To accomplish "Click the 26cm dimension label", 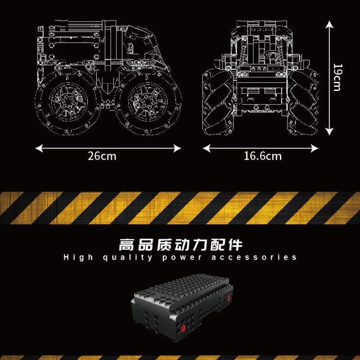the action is (102, 156).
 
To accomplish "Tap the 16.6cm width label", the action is (262, 156).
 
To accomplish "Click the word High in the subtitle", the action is (78, 257).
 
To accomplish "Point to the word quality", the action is (128, 257).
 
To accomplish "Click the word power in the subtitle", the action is (182, 258).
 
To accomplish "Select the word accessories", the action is (254, 257).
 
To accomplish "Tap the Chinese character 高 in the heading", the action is (126, 245).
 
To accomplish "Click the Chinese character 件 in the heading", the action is (235, 245).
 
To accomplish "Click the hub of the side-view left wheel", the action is (68, 101).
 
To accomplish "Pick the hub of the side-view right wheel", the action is (148, 101).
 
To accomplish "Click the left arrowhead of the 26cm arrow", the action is (39, 148).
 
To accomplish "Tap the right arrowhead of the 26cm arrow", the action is (177, 148).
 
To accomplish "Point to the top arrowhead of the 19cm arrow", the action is (329, 24).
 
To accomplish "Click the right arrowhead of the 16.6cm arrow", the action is (315, 148).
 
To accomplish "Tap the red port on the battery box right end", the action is (229, 298).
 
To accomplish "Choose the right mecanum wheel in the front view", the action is (303, 102).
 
